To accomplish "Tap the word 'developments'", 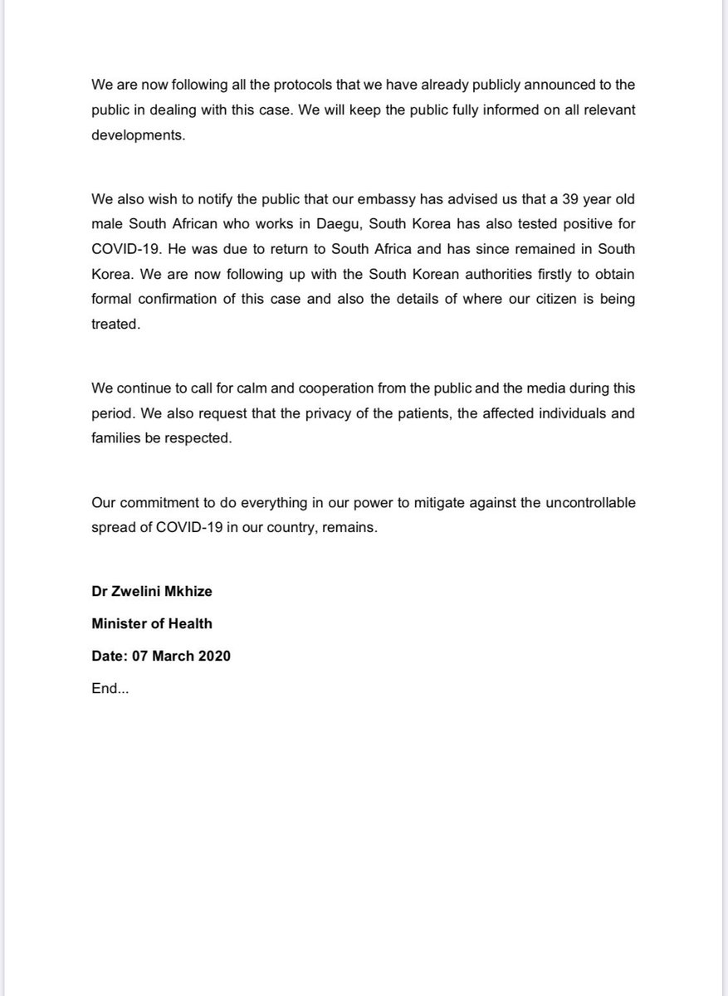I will [136, 135].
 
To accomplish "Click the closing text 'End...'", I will [109, 687].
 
